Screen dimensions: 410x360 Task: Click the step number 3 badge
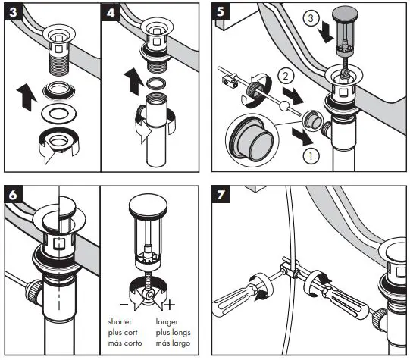[x=13, y=12]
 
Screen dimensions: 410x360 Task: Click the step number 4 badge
[x=110, y=12]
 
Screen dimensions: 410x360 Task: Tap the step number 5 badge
[x=221, y=11]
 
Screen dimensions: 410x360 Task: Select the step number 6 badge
[x=13, y=195]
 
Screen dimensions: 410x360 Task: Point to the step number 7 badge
[x=221, y=195]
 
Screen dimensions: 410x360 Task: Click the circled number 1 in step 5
[x=311, y=156]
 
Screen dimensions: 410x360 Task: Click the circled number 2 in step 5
[x=286, y=76]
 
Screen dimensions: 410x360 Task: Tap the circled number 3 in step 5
[x=311, y=18]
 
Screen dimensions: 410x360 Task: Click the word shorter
[x=120, y=322]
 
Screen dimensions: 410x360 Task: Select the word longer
[x=167, y=322]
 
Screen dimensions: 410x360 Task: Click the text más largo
[x=173, y=343]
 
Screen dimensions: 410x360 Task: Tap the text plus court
[x=123, y=333]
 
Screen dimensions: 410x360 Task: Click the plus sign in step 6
[x=170, y=305]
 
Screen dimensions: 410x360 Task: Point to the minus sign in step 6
[x=124, y=305]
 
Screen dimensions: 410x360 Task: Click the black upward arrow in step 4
[x=134, y=81]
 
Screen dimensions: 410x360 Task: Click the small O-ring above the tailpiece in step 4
[x=156, y=83]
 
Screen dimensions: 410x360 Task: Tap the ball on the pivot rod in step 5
[x=283, y=106]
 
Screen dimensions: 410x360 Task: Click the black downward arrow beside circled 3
[x=325, y=32]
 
